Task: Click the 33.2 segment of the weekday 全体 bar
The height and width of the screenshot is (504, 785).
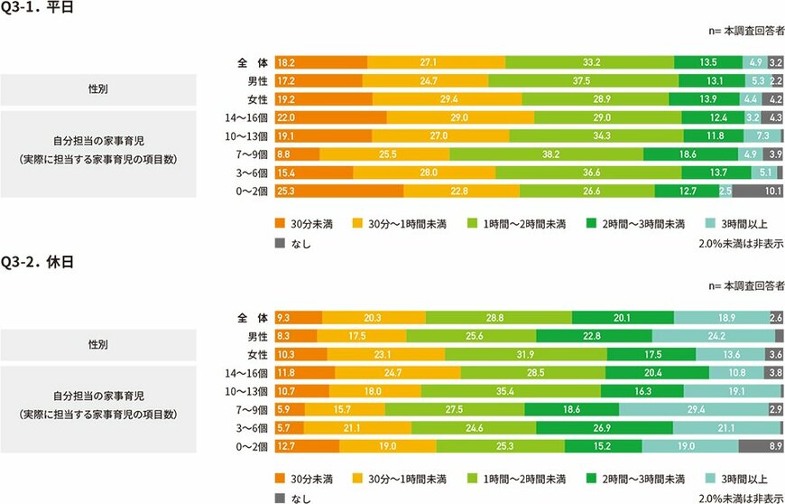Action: coord(589,63)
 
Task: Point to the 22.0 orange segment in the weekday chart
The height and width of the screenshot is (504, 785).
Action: coord(330,117)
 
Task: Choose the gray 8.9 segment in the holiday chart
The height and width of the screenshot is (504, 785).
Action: coord(760,445)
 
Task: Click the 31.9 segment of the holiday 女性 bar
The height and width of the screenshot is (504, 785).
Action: coord(525,354)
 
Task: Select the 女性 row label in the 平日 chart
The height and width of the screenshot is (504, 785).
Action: coord(257,99)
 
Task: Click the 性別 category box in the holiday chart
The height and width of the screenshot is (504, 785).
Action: coord(98,345)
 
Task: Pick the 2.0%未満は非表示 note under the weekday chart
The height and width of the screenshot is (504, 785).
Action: coord(740,244)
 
